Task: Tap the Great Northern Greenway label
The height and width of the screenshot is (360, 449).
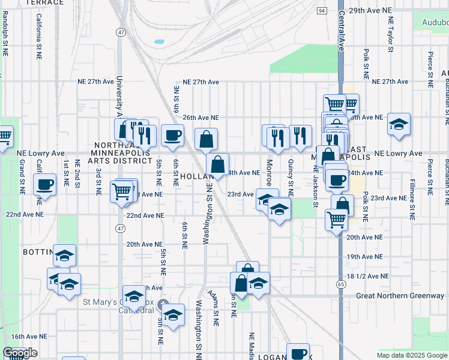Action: click(x=400, y=295)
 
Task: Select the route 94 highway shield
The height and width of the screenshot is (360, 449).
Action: click(x=322, y=11)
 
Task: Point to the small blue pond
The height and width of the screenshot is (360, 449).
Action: click(x=158, y=42)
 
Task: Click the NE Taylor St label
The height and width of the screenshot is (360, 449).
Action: click(x=390, y=42)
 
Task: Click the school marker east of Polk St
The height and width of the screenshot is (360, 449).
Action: click(x=399, y=124)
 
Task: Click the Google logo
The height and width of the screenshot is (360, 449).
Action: click(x=20, y=353)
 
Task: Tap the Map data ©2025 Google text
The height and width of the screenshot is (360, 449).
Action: click(x=411, y=355)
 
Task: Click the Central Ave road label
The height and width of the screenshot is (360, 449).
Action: click(x=341, y=30)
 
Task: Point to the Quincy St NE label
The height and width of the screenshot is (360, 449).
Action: click(x=291, y=178)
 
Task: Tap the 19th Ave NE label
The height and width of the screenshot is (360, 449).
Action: click(x=365, y=256)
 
